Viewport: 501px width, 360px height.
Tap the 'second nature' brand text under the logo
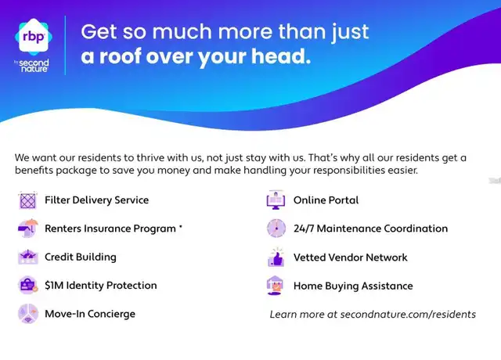(34, 66)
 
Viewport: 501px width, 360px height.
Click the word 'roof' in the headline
(121, 56)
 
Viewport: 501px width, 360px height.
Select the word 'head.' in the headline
(281, 56)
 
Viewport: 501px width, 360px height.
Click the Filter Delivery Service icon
(28, 200)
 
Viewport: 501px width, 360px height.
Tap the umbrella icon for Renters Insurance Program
(28, 229)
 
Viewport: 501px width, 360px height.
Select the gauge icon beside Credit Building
(28, 257)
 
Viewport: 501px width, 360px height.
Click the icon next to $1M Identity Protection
(28, 285)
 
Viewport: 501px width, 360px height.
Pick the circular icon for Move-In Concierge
(28, 313)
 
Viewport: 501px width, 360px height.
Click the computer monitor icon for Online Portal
(276, 200)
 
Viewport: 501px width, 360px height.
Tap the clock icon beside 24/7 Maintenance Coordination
(276, 228)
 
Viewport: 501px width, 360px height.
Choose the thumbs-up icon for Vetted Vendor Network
(276, 257)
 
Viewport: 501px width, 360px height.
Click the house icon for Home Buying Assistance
(275, 286)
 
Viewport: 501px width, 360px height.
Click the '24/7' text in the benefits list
(304, 229)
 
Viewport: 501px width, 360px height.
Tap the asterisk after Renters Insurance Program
(181, 226)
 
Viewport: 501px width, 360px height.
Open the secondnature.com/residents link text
(408, 315)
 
